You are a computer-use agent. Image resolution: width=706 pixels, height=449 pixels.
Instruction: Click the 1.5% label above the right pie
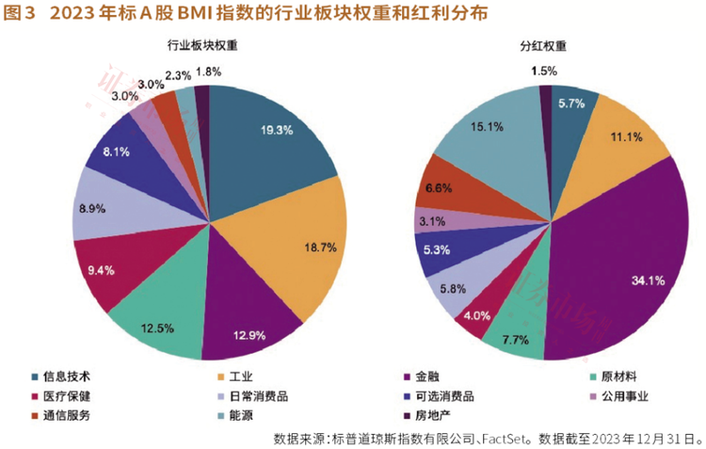tap(543, 71)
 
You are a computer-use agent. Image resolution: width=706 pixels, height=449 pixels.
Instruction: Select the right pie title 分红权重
tap(546, 44)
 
